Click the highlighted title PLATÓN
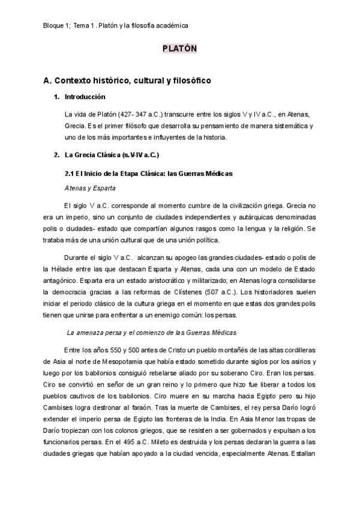point(179,50)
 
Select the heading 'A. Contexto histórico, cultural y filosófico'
point(127,80)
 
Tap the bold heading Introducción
point(85,97)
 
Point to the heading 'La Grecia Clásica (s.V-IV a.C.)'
point(111,155)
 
